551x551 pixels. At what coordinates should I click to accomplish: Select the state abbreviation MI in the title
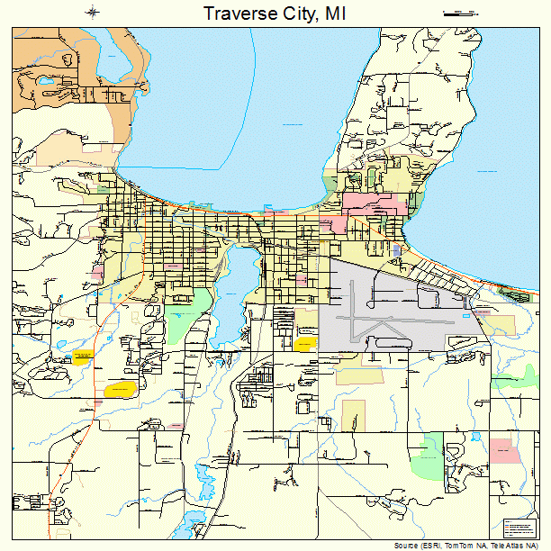coord(337,14)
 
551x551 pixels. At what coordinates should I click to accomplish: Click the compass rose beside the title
coord(94,13)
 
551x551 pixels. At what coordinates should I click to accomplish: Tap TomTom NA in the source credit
coord(465,546)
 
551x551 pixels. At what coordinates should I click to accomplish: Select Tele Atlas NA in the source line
coord(518,546)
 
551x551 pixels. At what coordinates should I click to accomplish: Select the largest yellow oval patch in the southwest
coord(119,389)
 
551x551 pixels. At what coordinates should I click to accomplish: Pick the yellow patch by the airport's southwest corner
coord(304,343)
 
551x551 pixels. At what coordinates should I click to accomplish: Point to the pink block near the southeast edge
coord(504,450)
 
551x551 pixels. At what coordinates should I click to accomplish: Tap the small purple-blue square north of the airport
coord(397,248)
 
